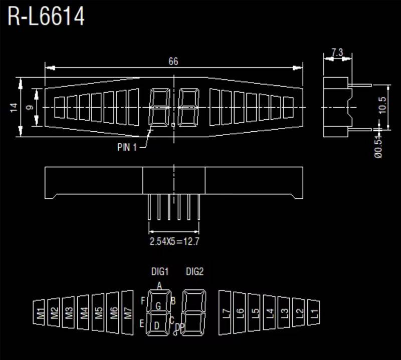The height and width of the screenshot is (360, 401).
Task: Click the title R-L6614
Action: [x=46, y=17]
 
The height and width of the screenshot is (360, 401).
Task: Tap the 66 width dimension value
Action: [x=173, y=62]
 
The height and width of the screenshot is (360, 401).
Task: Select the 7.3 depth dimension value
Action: [x=337, y=52]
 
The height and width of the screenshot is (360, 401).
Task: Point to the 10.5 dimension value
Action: [x=383, y=106]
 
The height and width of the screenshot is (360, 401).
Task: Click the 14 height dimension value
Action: [x=14, y=107]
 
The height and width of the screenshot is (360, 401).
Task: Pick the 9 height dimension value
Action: [x=30, y=107]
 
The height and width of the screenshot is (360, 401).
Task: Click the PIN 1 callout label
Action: [x=127, y=147]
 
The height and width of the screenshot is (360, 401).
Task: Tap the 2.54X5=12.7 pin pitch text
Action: [x=175, y=241]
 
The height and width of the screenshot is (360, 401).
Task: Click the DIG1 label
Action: [x=160, y=272]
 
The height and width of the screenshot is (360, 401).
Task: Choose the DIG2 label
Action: [x=194, y=272]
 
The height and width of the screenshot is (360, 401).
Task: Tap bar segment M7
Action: [x=128, y=313]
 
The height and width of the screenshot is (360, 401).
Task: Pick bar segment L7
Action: [x=226, y=313]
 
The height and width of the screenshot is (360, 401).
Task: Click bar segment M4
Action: [x=84, y=313]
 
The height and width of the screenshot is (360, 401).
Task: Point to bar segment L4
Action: [x=270, y=313]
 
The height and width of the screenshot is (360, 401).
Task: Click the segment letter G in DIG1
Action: [x=158, y=306]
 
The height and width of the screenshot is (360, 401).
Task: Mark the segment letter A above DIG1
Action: [x=159, y=286]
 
